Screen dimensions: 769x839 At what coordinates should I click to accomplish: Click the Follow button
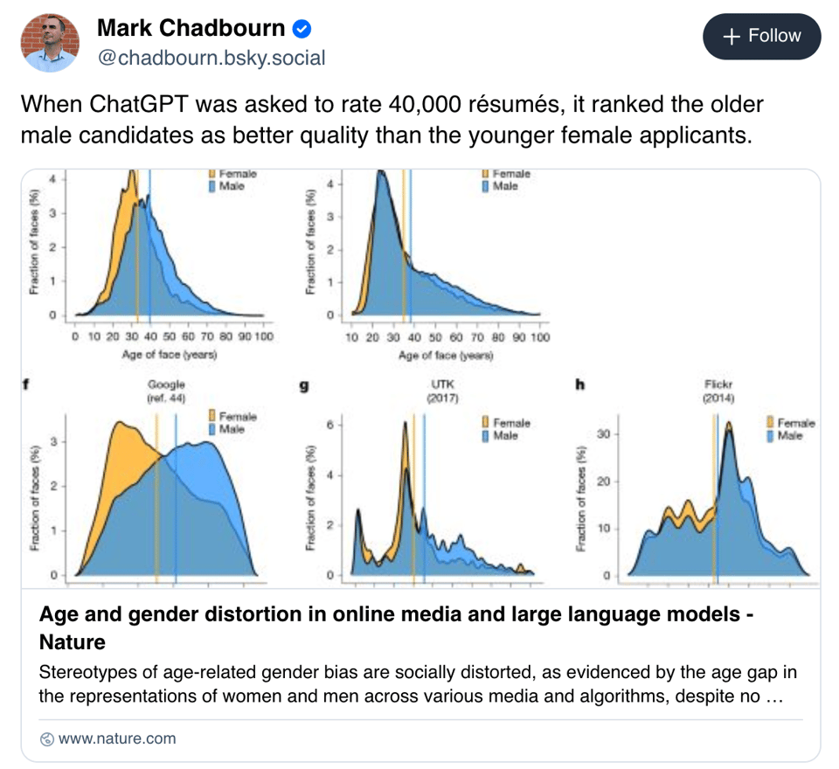pyautogui.click(x=762, y=36)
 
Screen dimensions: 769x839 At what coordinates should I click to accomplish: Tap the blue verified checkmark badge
pyautogui.click(x=302, y=29)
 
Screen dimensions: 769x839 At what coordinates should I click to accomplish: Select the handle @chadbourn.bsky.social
pyautogui.click(x=211, y=58)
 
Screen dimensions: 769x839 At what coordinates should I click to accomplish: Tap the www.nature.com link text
pyautogui.click(x=117, y=738)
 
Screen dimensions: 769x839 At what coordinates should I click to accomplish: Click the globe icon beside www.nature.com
pyautogui.click(x=47, y=739)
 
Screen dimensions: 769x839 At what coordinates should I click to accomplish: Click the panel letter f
pyautogui.click(x=31, y=384)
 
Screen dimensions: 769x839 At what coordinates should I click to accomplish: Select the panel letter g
pyautogui.click(x=303, y=385)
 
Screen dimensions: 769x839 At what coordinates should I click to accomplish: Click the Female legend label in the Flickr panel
pyautogui.click(x=795, y=423)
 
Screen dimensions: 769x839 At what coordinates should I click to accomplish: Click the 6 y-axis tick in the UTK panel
pyautogui.click(x=331, y=426)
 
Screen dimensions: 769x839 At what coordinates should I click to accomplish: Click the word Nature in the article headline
pyautogui.click(x=73, y=642)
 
